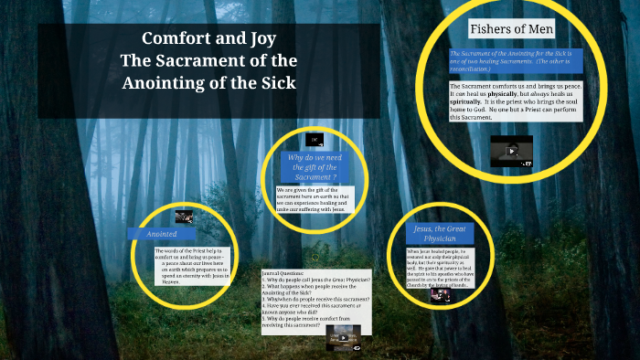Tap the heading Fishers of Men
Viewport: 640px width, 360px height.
point(511,29)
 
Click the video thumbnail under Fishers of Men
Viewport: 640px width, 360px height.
point(511,151)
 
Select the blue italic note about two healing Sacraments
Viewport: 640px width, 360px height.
point(515,62)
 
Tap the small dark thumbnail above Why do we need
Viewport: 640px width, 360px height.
point(314,140)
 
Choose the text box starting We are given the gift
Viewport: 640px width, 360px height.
point(314,198)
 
